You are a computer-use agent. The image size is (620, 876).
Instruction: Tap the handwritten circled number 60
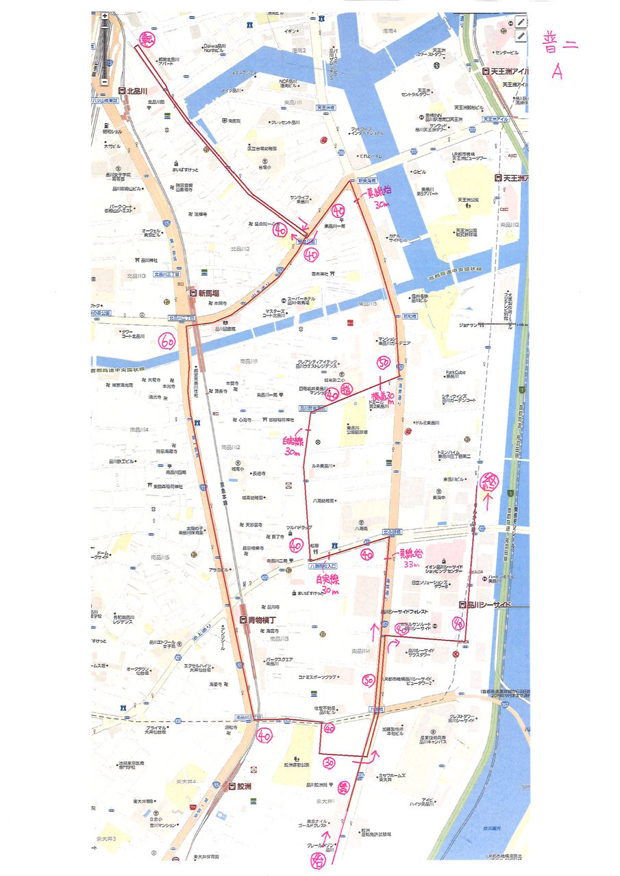point(167,340)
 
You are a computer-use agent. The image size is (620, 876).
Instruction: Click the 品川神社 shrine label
point(147,260)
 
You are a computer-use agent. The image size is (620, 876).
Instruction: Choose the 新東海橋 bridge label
point(369,181)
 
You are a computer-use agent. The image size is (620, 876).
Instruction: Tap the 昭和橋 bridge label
point(410,317)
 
